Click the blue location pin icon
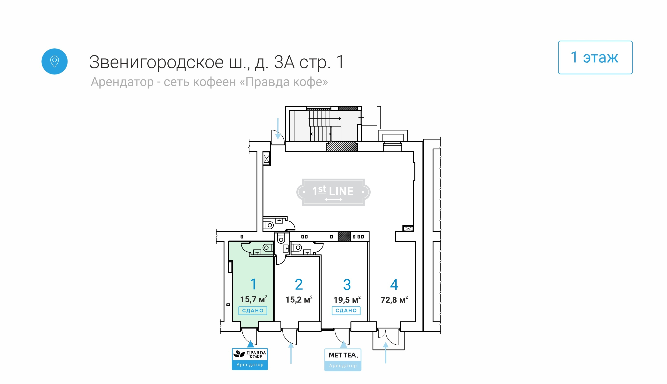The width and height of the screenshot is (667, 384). coord(54,61)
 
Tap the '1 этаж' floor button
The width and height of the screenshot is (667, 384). coord(595,57)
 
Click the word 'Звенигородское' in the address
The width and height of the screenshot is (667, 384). coord(157,62)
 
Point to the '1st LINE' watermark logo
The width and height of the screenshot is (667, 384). coord(333,192)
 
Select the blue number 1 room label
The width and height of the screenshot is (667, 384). coord(253,284)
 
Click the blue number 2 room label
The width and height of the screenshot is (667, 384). coord(299,284)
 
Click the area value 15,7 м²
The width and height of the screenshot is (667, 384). coord(253,299)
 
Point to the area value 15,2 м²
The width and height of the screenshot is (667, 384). coord(299,299)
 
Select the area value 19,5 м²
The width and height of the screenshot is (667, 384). coord(347,300)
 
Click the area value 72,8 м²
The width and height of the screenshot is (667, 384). coord(394,300)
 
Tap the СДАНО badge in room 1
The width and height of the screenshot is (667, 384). coord(253,311)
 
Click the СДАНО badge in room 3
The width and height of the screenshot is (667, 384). coord(346,311)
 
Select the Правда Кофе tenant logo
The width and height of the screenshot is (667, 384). coord(250,359)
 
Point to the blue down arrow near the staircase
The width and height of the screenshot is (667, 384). coord(278,128)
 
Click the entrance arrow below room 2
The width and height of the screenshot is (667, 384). coord(291,353)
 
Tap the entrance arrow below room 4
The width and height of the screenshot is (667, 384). coord(385,353)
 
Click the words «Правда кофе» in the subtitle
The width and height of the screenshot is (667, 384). coord(284,82)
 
